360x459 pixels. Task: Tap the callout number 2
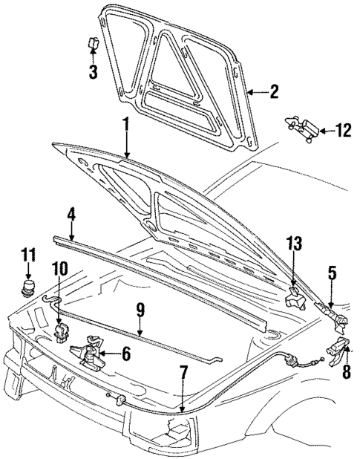tap(274, 92)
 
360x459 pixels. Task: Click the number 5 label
tap(332, 273)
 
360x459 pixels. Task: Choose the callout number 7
tap(183, 371)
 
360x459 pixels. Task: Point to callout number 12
tap(342, 131)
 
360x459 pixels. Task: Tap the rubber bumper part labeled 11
tap(29, 287)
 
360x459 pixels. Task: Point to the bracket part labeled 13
tap(295, 301)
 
